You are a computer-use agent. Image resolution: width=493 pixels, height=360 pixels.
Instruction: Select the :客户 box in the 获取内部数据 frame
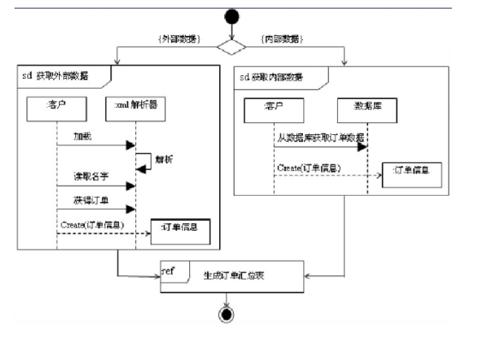(x=274, y=108)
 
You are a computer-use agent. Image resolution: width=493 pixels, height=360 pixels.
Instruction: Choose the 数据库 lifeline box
(x=367, y=108)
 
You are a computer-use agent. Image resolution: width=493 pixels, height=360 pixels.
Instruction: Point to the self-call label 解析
(x=161, y=159)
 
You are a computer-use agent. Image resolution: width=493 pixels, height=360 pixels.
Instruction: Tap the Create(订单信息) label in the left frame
(x=92, y=225)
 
